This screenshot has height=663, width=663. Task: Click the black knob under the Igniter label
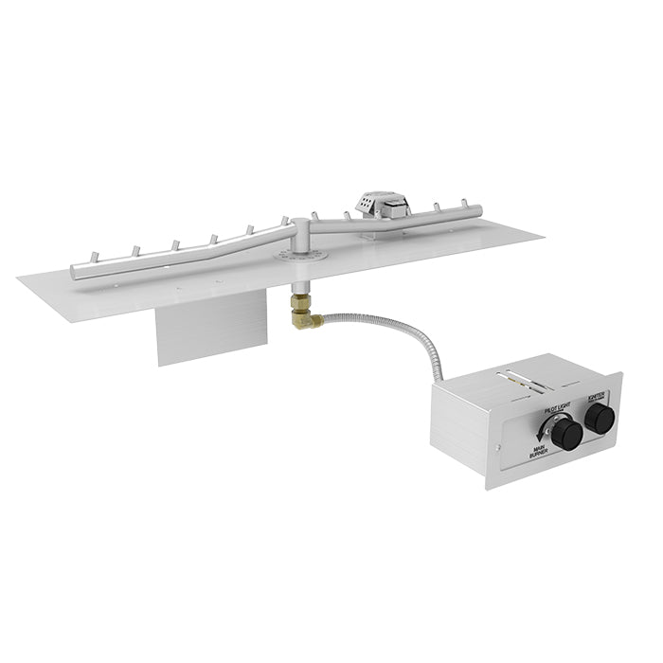point(599,423)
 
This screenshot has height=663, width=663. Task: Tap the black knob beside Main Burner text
point(566,435)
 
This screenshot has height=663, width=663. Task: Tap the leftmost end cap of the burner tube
point(76,276)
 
